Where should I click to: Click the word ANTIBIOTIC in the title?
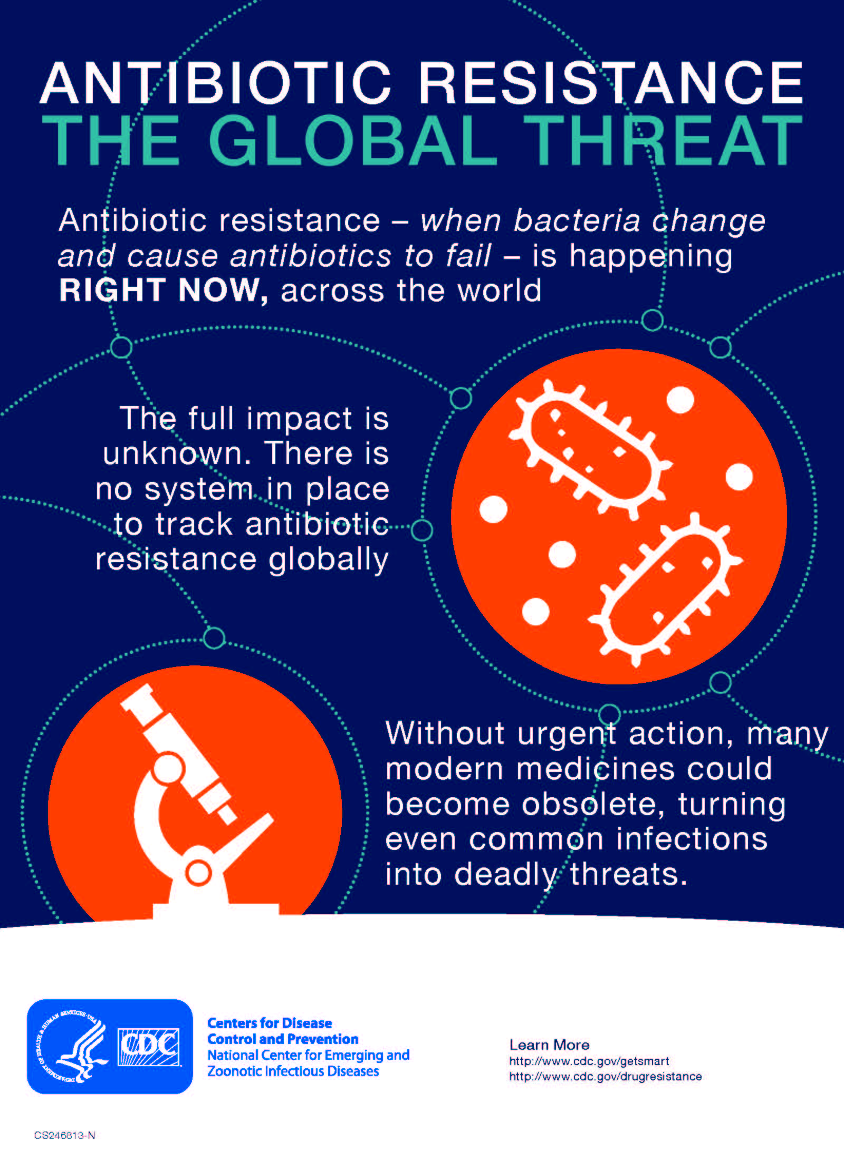point(216,83)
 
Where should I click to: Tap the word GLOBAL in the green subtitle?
point(353,140)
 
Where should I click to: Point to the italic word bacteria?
point(577,220)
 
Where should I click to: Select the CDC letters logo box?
point(148,1047)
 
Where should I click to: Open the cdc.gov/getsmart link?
point(589,1061)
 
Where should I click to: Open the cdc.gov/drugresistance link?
point(605,1076)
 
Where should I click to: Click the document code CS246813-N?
point(64,1135)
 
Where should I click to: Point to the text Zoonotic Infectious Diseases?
point(293,1071)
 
